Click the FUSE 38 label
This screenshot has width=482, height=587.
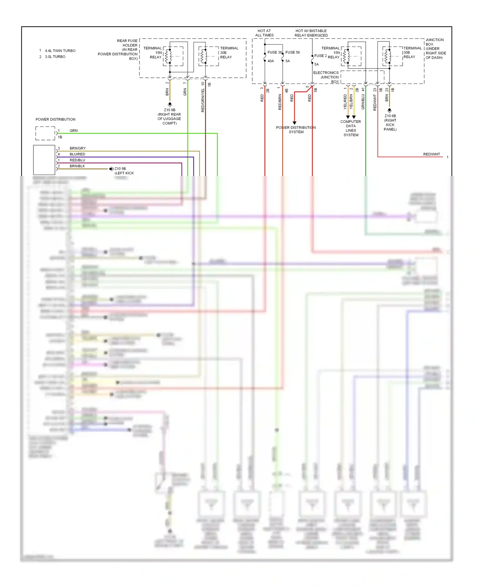click(274, 52)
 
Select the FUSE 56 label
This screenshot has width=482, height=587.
click(292, 52)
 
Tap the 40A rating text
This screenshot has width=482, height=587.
click(271, 61)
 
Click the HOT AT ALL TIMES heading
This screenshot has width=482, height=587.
click(264, 33)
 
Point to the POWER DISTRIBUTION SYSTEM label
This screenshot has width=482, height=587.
click(296, 130)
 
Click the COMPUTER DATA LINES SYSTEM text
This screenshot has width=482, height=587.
click(351, 128)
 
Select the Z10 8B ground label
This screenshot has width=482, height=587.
click(169, 117)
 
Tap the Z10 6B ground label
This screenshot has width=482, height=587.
click(390, 122)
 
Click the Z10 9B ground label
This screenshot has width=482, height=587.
click(123, 171)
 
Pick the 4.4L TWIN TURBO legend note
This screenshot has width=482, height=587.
click(60, 51)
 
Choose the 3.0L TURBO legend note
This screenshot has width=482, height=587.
click(55, 57)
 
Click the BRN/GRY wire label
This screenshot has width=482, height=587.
click(77, 148)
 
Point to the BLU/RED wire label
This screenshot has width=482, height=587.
click(77, 154)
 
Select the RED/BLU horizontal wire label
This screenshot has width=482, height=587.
click(77, 160)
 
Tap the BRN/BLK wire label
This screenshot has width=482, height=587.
click(77, 166)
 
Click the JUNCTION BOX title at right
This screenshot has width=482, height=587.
click(435, 48)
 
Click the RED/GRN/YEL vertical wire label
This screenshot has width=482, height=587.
click(203, 100)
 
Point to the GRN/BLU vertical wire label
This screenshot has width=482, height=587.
click(363, 101)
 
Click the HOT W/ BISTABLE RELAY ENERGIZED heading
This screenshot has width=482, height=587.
click(311, 33)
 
